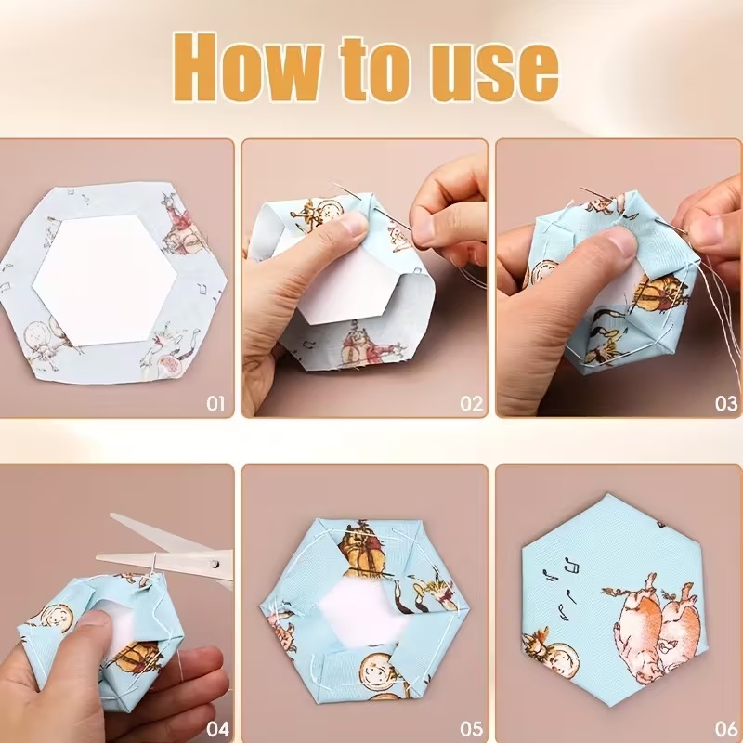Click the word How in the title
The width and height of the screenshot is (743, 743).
(247, 67)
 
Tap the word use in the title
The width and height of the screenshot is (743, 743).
(494, 73)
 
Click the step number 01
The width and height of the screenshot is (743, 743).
(215, 404)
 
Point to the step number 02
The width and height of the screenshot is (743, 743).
(472, 404)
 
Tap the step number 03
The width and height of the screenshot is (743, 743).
(726, 404)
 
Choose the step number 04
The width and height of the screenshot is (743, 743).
(218, 728)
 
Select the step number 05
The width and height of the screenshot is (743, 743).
(472, 728)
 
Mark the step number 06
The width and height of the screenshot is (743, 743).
(726, 728)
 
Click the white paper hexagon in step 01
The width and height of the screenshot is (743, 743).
(105, 280)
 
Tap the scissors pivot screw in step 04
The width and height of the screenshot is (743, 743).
(215, 564)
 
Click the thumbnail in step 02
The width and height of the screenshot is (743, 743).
(352, 223)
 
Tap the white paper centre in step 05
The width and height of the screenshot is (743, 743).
(359, 611)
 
